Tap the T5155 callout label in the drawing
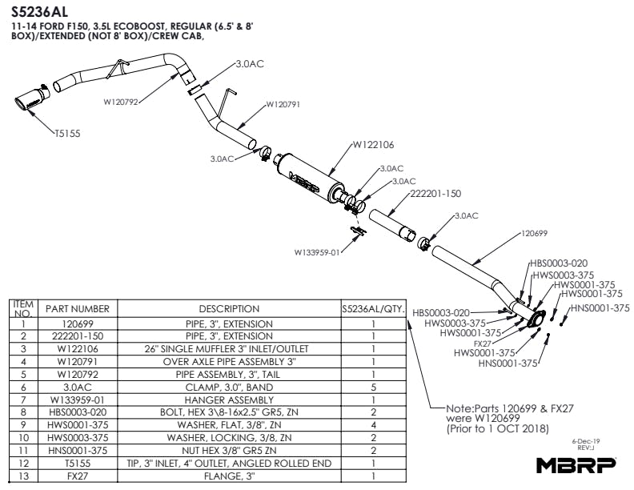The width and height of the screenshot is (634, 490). [x=70, y=135]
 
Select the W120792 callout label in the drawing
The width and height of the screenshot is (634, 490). [x=122, y=102]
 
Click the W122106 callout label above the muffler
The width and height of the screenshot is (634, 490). [x=373, y=145]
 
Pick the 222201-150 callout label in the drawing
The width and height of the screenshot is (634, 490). [x=435, y=194]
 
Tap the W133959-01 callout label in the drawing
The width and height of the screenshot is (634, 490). [x=318, y=251]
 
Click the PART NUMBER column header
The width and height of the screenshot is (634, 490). [x=78, y=308]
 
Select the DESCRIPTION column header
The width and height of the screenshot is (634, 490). [x=229, y=308]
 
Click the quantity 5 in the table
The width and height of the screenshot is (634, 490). [x=373, y=387]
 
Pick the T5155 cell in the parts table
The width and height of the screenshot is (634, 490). [x=78, y=462]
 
